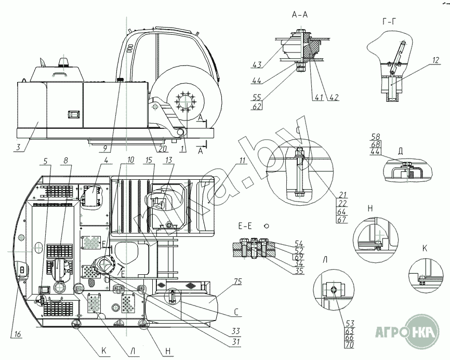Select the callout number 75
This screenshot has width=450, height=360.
pos(238,282)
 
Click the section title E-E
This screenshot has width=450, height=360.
pos(245,226)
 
